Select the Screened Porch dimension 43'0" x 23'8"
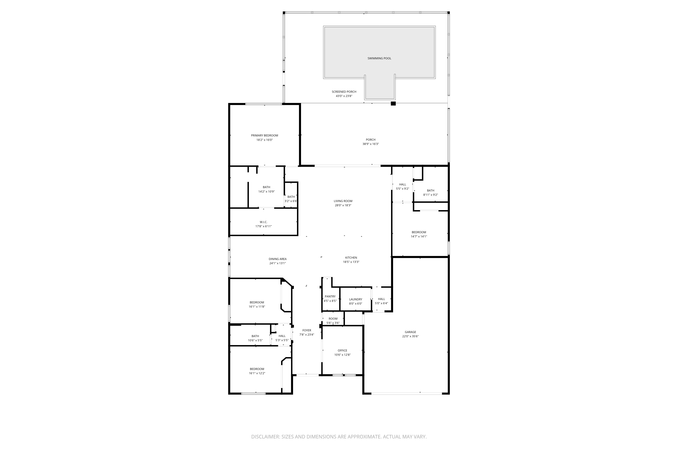point(344,96)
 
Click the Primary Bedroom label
point(264,135)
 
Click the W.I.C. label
point(263,222)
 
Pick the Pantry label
point(330,296)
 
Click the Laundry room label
point(355,299)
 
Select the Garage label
point(410,332)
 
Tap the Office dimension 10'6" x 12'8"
point(342,355)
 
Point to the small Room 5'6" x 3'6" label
point(333,318)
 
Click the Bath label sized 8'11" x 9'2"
point(430,190)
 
